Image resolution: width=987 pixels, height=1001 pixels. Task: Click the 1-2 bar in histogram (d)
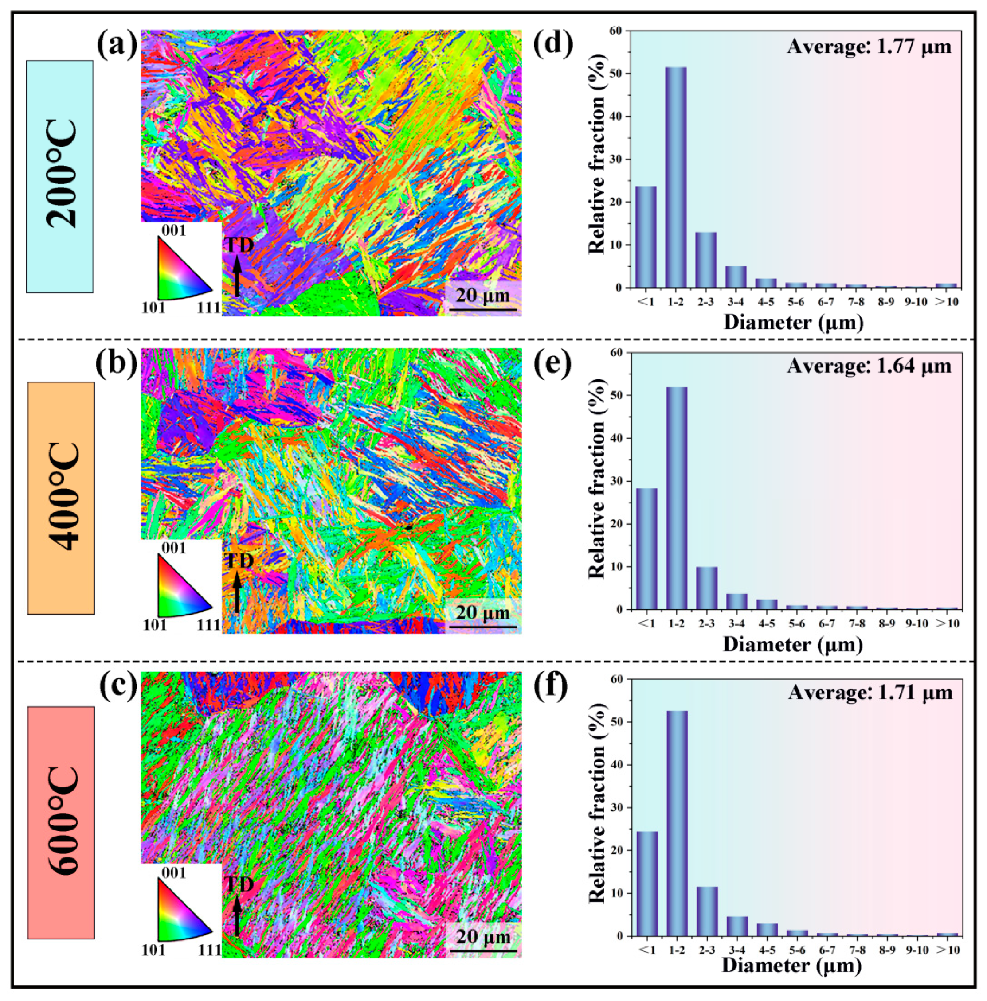676,177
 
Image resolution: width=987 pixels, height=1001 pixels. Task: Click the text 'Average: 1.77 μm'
869,47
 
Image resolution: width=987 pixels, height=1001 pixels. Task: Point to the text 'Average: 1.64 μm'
869,366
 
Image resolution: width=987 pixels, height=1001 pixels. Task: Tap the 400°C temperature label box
61,498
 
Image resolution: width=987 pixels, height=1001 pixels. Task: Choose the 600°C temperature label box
61,823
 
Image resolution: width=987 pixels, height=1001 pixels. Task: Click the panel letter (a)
117,45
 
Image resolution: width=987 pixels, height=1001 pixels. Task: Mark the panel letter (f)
552,686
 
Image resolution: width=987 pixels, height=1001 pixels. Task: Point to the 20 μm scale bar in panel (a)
482,310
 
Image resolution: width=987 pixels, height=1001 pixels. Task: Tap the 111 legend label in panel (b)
208,625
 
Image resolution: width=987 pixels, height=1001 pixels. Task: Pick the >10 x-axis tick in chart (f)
947,949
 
